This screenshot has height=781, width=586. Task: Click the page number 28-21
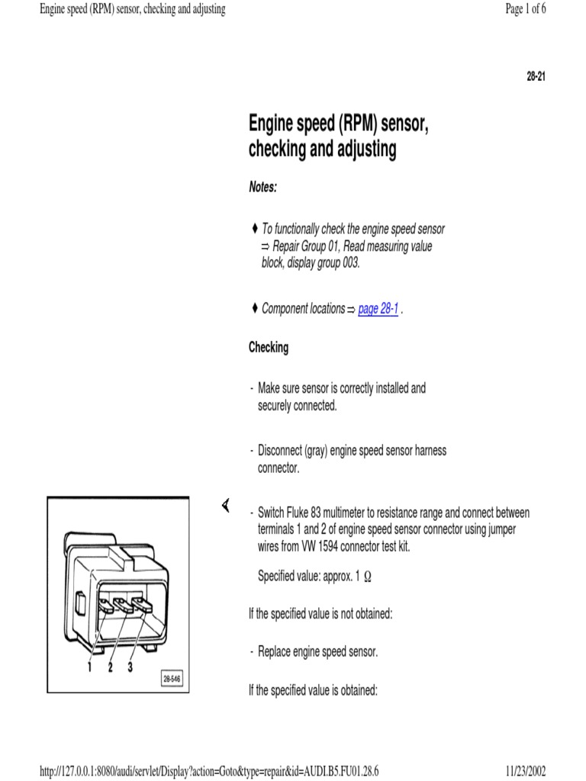(x=536, y=77)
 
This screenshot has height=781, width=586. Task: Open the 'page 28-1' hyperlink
(x=378, y=309)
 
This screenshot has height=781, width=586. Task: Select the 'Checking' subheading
(x=269, y=348)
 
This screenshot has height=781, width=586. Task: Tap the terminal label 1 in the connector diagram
(x=89, y=667)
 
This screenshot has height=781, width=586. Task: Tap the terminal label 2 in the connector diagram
(x=111, y=667)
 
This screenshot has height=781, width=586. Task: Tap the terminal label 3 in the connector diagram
(x=130, y=667)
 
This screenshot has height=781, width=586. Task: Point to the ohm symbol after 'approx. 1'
(x=368, y=577)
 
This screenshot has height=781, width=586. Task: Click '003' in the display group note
(x=348, y=264)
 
